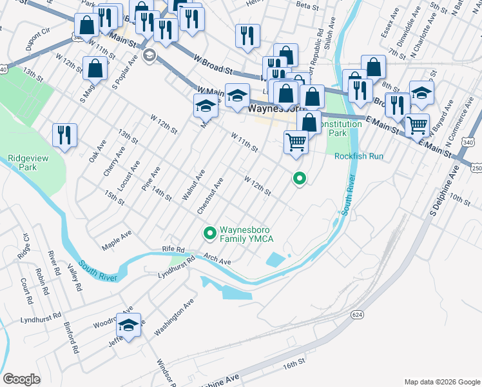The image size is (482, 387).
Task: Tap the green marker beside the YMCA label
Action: (x=209, y=233)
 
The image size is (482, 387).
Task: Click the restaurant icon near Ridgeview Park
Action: (x=64, y=135)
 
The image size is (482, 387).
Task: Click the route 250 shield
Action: (x=476, y=168)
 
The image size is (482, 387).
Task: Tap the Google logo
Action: (x=22, y=379)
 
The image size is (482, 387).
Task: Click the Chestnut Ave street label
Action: (x=209, y=196)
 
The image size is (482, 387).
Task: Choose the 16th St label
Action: (x=293, y=365)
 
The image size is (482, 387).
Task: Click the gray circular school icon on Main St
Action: (x=149, y=55)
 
